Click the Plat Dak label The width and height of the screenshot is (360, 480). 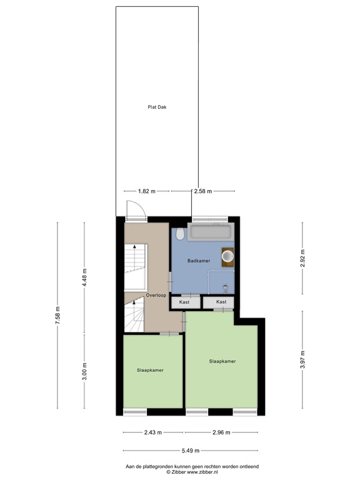click(157, 107)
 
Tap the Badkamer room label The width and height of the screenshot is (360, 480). click(198, 261)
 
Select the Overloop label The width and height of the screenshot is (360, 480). click(156, 295)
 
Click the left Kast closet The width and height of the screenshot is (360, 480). click(185, 302)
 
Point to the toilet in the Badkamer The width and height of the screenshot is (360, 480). click(181, 234)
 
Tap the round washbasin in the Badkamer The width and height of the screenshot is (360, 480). click(227, 257)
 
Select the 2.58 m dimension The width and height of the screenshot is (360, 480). click(203, 191)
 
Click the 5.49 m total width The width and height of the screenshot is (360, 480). click(187, 451)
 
